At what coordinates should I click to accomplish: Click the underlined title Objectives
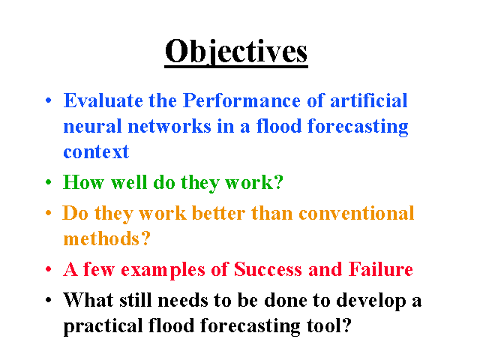(x=236, y=52)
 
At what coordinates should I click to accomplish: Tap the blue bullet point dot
(x=48, y=100)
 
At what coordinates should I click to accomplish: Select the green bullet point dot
(x=48, y=182)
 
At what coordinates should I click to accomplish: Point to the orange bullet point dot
(x=48, y=213)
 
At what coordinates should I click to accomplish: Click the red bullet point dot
(x=48, y=269)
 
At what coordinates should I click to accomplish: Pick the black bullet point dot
(x=48, y=300)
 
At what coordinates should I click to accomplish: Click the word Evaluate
(x=103, y=100)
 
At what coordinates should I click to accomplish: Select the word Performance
(x=241, y=100)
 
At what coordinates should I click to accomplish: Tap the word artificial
(x=369, y=100)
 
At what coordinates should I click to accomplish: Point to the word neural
(x=92, y=126)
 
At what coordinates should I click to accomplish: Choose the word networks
(x=169, y=126)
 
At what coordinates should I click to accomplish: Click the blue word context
(x=96, y=151)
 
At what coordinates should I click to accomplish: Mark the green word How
(x=83, y=182)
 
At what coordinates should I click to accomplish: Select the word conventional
(x=356, y=213)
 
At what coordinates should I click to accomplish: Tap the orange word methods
(x=102, y=238)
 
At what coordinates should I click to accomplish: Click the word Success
(x=268, y=269)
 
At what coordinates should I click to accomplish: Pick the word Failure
(x=381, y=269)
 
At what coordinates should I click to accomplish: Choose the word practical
(x=103, y=326)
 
